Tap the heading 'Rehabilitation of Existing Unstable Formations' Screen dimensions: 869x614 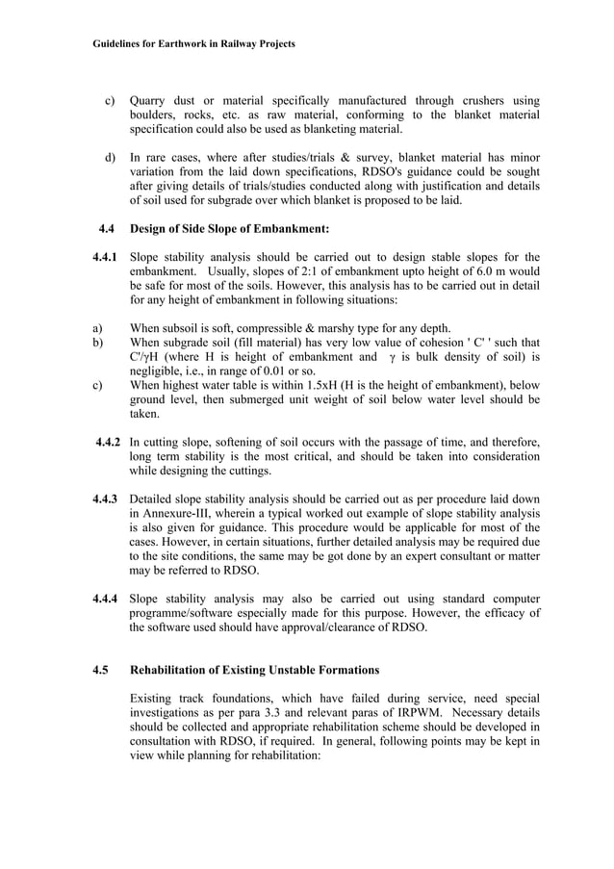click(254, 670)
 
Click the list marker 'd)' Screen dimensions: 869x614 click(111, 158)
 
